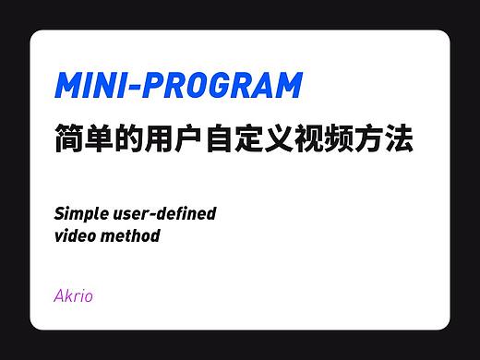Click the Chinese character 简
(71, 140)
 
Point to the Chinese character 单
(103, 140)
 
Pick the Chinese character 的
(136, 140)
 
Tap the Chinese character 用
(168, 140)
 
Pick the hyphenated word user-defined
(165, 214)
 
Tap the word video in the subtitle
(75, 235)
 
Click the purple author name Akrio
(73, 296)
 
